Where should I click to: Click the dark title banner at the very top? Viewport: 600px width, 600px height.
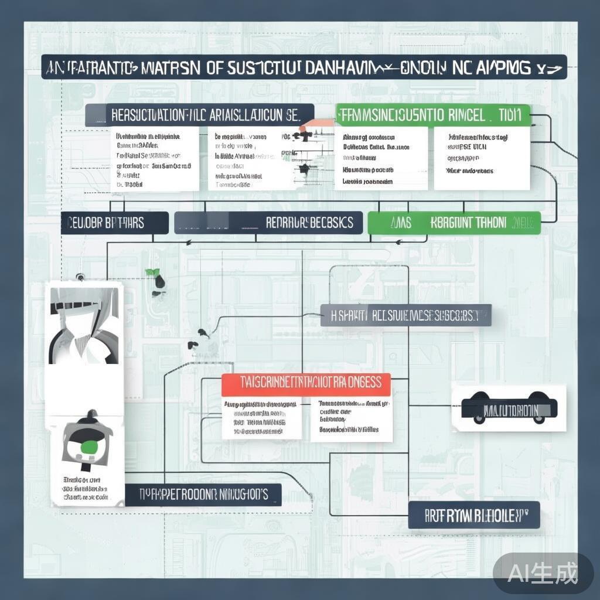(x=305, y=67)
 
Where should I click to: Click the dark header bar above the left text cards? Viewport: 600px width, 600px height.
(x=199, y=114)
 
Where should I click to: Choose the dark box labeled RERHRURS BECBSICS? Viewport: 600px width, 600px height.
(x=268, y=223)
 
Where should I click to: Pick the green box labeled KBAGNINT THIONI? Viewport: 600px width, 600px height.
(x=454, y=223)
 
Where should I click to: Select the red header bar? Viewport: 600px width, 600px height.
(x=306, y=383)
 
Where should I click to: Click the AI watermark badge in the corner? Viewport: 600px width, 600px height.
(x=543, y=572)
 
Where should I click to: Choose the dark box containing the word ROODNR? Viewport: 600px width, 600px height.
(x=203, y=495)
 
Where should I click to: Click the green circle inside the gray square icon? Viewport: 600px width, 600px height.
(x=87, y=448)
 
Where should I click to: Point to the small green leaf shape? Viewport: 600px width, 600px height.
(x=154, y=272)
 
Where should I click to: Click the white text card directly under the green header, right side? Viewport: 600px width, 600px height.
(x=482, y=158)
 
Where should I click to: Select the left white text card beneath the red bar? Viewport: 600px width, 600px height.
(x=262, y=418)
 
